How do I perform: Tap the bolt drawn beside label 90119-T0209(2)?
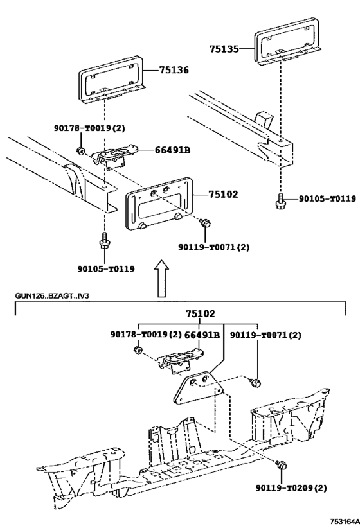[x=280, y=463]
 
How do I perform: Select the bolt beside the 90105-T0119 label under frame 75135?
[x=281, y=201]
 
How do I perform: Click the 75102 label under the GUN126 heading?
[x=201, y=314]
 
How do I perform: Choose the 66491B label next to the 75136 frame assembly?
[x=172, y=151]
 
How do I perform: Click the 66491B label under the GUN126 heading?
[x=203, y=335]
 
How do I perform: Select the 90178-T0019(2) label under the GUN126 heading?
[x=146, y=335]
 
